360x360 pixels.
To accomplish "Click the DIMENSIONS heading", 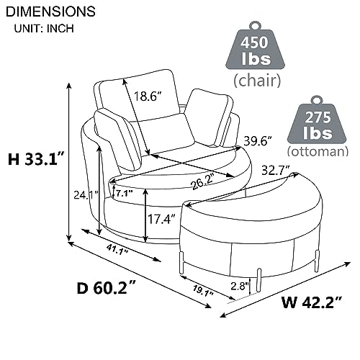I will pyautogui.click(x=50, y=12).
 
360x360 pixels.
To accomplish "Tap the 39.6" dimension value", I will pyautogui.click(x=259, y=140).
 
